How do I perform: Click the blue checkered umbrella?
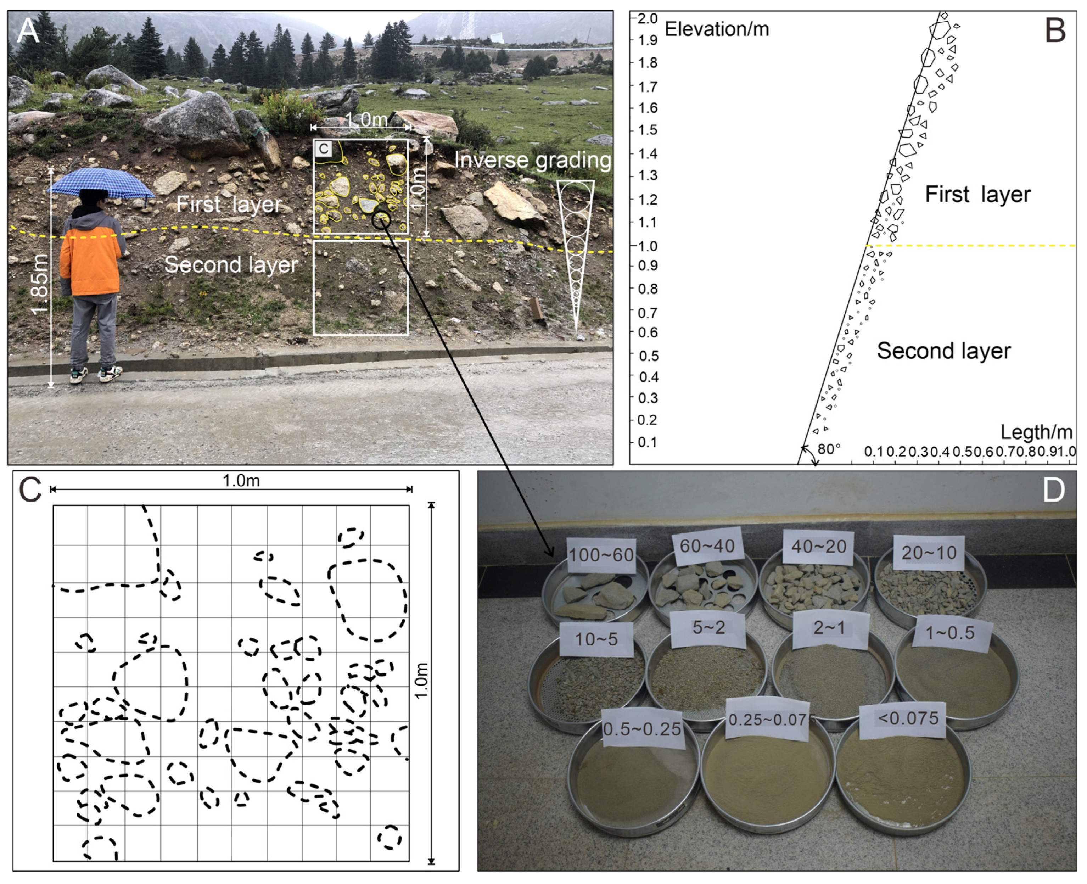(100, 183)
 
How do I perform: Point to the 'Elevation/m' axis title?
(717, 29)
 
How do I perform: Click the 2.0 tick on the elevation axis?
(648, 18)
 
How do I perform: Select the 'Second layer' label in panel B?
(943, 351)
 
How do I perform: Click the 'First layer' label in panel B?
(977, 195)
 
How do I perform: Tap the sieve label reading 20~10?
(929, 553)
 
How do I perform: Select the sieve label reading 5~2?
(708, 628)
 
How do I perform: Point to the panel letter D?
(1053, 490)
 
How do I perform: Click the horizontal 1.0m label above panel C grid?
(241, 480)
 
